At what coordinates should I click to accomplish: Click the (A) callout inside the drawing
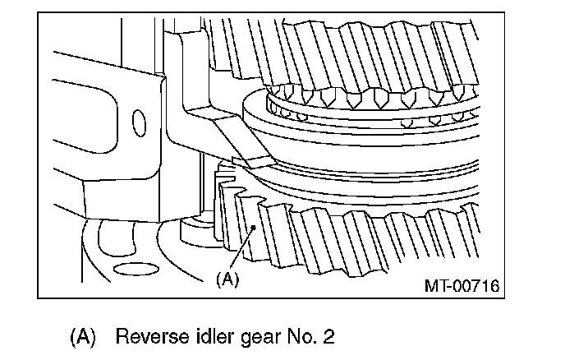(227, 279)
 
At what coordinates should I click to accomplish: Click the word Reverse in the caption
(147, 336)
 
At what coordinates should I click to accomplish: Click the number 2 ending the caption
(306, 336)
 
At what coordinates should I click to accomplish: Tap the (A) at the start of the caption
(82, 336)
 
